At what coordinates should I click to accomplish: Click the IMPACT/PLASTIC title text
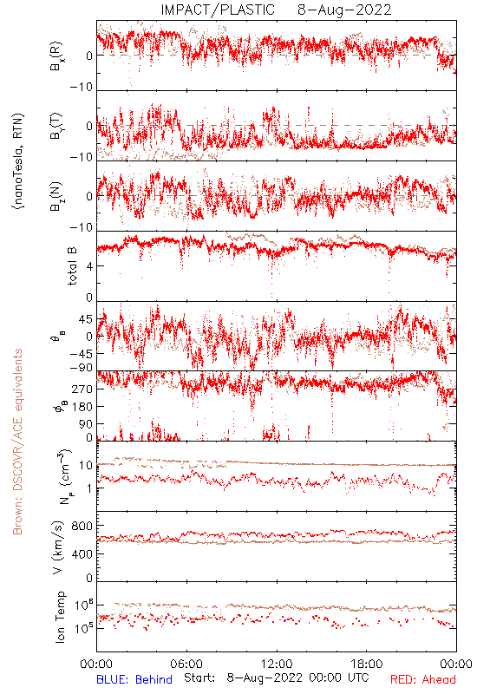point(218,10)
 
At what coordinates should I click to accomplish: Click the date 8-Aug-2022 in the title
point(344,10)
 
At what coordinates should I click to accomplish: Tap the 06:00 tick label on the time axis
point(186,664)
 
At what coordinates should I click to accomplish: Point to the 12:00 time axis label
point(277,664)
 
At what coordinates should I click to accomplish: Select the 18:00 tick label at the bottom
point(367,664)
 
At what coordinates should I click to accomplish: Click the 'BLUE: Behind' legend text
point(134,679)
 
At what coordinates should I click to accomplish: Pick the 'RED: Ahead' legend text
point(422,679)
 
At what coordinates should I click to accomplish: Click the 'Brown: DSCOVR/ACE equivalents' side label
point(17,442)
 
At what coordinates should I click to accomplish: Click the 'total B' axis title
point(72,265)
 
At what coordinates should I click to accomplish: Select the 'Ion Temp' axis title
point(60,617)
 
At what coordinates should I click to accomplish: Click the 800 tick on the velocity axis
point(82,526)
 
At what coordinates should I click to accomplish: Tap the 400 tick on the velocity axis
point(82,553)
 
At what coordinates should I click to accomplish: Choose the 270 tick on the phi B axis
point(82,389)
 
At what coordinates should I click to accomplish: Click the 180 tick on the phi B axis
point(82,406)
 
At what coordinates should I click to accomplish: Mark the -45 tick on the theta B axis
point(81,354)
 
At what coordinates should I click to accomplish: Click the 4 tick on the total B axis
point(89,266)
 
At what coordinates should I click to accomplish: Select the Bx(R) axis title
point(56,56)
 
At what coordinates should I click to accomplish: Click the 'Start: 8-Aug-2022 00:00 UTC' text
point(277,678)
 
